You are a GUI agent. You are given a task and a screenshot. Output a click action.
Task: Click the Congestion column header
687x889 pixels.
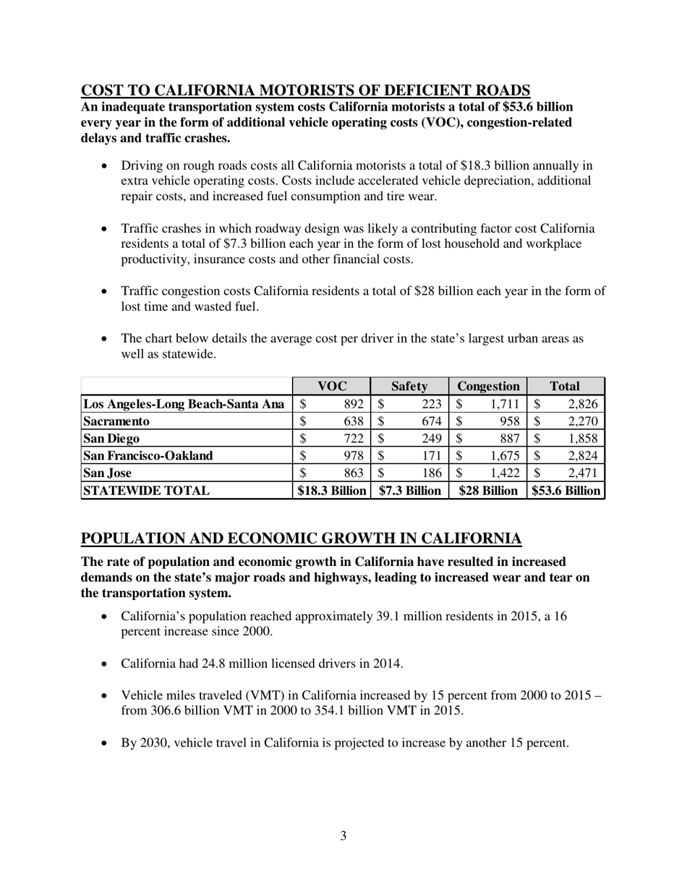pos(488,387)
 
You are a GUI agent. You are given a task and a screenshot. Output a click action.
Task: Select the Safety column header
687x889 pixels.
pos(409,387)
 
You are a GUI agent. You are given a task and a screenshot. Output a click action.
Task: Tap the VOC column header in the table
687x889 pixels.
pos(332,387)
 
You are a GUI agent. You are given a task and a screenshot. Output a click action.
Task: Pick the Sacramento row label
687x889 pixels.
pos(116,421)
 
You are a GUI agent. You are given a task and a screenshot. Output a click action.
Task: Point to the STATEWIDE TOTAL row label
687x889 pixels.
pos(147,491)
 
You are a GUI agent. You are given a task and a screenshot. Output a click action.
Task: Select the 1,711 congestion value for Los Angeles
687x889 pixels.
pos(505,404)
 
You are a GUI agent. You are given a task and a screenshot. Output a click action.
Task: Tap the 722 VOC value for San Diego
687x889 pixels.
pos(353,438)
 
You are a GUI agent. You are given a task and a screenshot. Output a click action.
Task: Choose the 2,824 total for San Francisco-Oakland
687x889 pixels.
pos(582,455)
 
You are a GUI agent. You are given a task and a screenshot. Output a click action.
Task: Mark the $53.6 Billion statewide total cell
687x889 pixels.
pos(566,491)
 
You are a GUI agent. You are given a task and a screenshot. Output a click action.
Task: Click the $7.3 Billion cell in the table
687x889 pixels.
pos(409,491)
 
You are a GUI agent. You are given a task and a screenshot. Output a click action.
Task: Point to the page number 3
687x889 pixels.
pos(343,836)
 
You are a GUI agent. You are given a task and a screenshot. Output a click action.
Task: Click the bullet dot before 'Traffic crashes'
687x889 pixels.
pos(106,229)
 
